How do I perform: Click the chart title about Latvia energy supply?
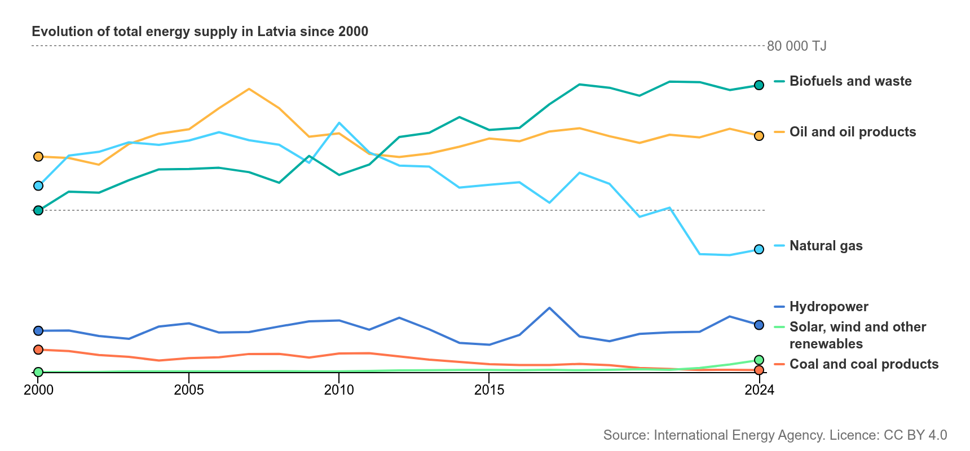point(200,32)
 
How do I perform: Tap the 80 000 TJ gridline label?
point(797,46)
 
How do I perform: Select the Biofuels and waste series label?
point(850,81)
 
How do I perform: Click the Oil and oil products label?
point(853,132)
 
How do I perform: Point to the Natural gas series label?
point(826,246)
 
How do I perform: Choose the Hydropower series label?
point(829,307)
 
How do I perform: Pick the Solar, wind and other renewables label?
point(858,335)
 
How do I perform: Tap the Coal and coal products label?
point(864,364)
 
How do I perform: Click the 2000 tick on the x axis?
point(38,390)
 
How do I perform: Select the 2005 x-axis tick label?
point(189,390)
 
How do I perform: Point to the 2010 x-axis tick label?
point(339,390)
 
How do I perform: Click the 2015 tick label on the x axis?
point(490,390)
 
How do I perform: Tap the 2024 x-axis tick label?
point(760,390)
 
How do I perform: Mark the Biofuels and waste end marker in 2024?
point(759,85)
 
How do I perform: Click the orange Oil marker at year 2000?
point(38,156)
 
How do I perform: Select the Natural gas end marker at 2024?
point(759,249)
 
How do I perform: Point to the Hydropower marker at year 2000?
point(38,331)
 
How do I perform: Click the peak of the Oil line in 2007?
point(249,89)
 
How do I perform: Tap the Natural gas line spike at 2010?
point(339,123)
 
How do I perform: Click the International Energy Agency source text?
point(775,435)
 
